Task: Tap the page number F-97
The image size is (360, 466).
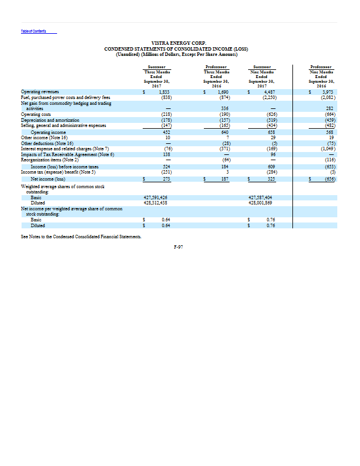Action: [179, 246]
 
